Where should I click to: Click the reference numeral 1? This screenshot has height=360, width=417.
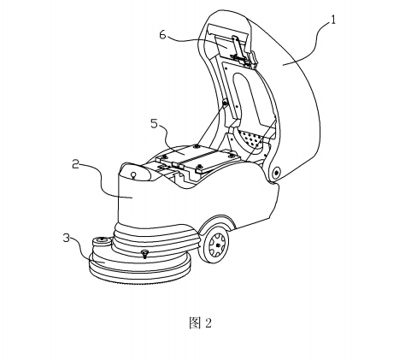(332, 20)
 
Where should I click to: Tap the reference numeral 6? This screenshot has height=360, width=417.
(162, 35)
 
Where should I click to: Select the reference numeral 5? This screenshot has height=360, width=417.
(154, 123)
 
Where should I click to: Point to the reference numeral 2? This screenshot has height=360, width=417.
(75, 164)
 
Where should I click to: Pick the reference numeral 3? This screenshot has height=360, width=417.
(67, 238)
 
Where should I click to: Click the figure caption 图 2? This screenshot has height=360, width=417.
(201, 323)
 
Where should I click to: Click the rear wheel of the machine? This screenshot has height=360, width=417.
(214, 244)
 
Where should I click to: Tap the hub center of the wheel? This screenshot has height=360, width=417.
(218, 245)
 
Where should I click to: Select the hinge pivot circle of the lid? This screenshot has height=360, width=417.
(276, 172)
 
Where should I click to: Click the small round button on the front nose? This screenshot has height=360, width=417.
(133, 174)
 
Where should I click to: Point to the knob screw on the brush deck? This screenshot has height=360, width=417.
(145, 253)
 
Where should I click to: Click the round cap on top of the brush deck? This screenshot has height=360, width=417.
(101, 241)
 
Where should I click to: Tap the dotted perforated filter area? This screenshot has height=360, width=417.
(252, 139)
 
